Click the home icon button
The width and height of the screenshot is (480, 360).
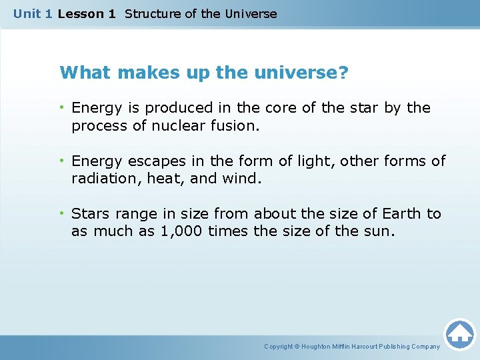[460, 334]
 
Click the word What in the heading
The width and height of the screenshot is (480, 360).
[81, 72]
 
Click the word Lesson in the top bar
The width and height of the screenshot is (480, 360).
[78, 13]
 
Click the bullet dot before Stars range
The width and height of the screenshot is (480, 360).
[61, 213]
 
